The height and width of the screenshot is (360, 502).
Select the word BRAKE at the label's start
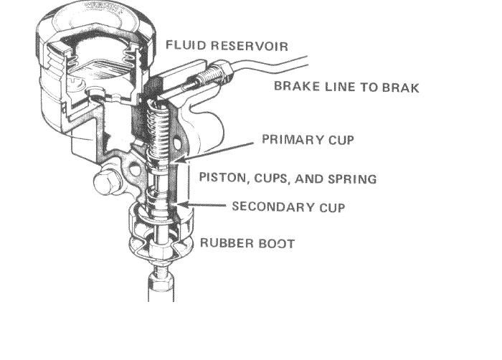point(294,87)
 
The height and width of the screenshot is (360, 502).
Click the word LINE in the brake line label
point(345,87)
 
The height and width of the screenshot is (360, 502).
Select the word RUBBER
point(225,243)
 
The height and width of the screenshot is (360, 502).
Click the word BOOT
point(276,243)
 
